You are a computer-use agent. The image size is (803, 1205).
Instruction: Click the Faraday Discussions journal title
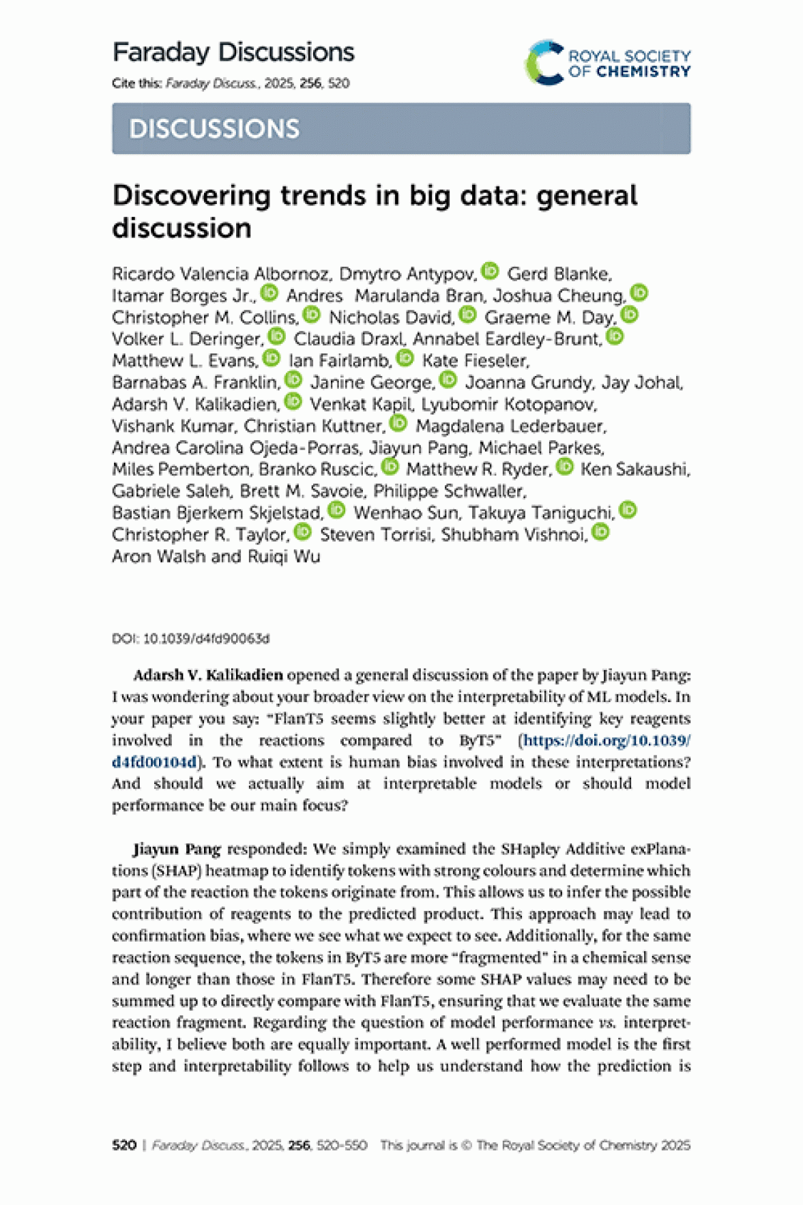(233, 53)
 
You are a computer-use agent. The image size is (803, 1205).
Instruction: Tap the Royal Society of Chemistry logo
(607, 63)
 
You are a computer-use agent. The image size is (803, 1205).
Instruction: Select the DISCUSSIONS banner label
(214, 129)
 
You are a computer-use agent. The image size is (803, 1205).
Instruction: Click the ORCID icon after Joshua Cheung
(639, 293)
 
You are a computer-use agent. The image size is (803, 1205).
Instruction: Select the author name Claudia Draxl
(350, 339)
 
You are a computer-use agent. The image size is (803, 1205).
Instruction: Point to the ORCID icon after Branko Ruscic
(390, 467)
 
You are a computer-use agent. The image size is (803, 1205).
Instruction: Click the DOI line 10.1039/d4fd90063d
(190, 639)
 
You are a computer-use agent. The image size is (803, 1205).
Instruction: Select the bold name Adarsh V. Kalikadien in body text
(208, 675)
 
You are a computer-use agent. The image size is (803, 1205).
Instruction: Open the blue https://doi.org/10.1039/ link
(607, 740)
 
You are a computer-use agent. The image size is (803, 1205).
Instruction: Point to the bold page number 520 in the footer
(124, 1145)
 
